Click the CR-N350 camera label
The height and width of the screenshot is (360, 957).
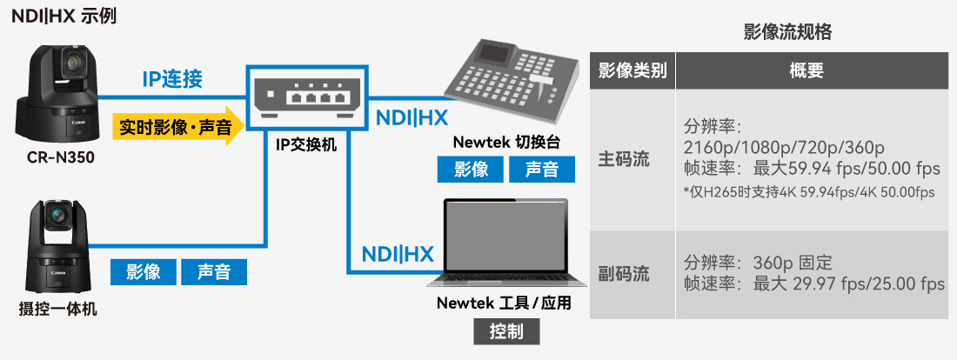tap(59, 157)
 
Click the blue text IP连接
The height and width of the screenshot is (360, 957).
tap(172, 80)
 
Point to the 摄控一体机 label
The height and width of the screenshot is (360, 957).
tap(58, 308)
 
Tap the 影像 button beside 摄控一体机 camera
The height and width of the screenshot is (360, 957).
tap(143, 272)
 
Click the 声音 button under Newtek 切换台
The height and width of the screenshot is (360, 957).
tap(542, 170)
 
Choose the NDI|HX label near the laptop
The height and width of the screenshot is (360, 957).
tap(397, 255)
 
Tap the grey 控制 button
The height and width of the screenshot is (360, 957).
tap(506, 332)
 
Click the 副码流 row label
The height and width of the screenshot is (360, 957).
tap(624, 274)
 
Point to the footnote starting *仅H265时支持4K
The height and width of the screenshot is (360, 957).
tap(808, 192)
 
